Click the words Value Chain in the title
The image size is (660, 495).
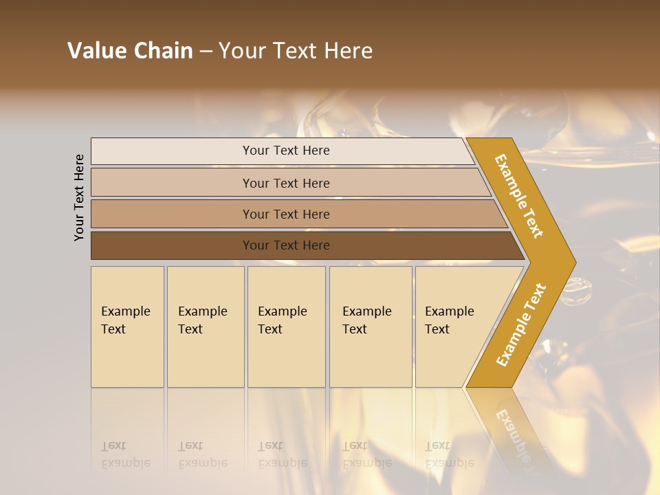(130, 51)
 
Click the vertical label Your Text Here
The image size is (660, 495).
(80, 197)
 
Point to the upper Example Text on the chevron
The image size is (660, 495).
(519, 196)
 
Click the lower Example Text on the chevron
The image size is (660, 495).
(521, 324)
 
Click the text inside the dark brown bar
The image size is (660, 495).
(286, 245)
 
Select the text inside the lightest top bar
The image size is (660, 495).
(286, 151)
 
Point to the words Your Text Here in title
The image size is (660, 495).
(296, 51)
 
